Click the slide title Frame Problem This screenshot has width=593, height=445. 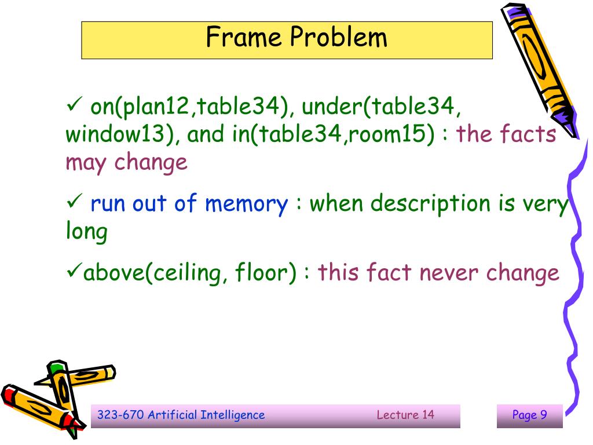(x=296, y=38)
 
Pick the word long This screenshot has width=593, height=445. (x=86, y=232)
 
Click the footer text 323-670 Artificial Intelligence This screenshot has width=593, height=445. (x=181, y=415)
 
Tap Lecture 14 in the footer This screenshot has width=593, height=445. (x=405, y=415)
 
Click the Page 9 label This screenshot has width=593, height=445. (x=529, y=415)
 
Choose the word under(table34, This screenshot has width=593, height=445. (x=382, y=107)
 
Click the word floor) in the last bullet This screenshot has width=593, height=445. (x=266, y=272)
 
